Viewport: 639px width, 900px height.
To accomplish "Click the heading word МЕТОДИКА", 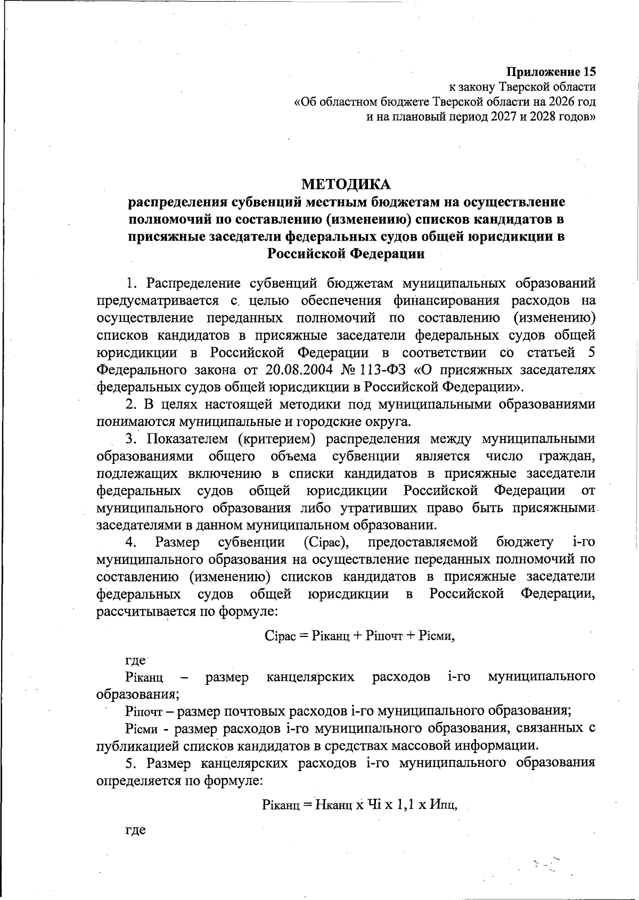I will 346,184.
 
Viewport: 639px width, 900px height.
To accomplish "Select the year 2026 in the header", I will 551,101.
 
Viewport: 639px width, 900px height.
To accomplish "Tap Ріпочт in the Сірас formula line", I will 384,636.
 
